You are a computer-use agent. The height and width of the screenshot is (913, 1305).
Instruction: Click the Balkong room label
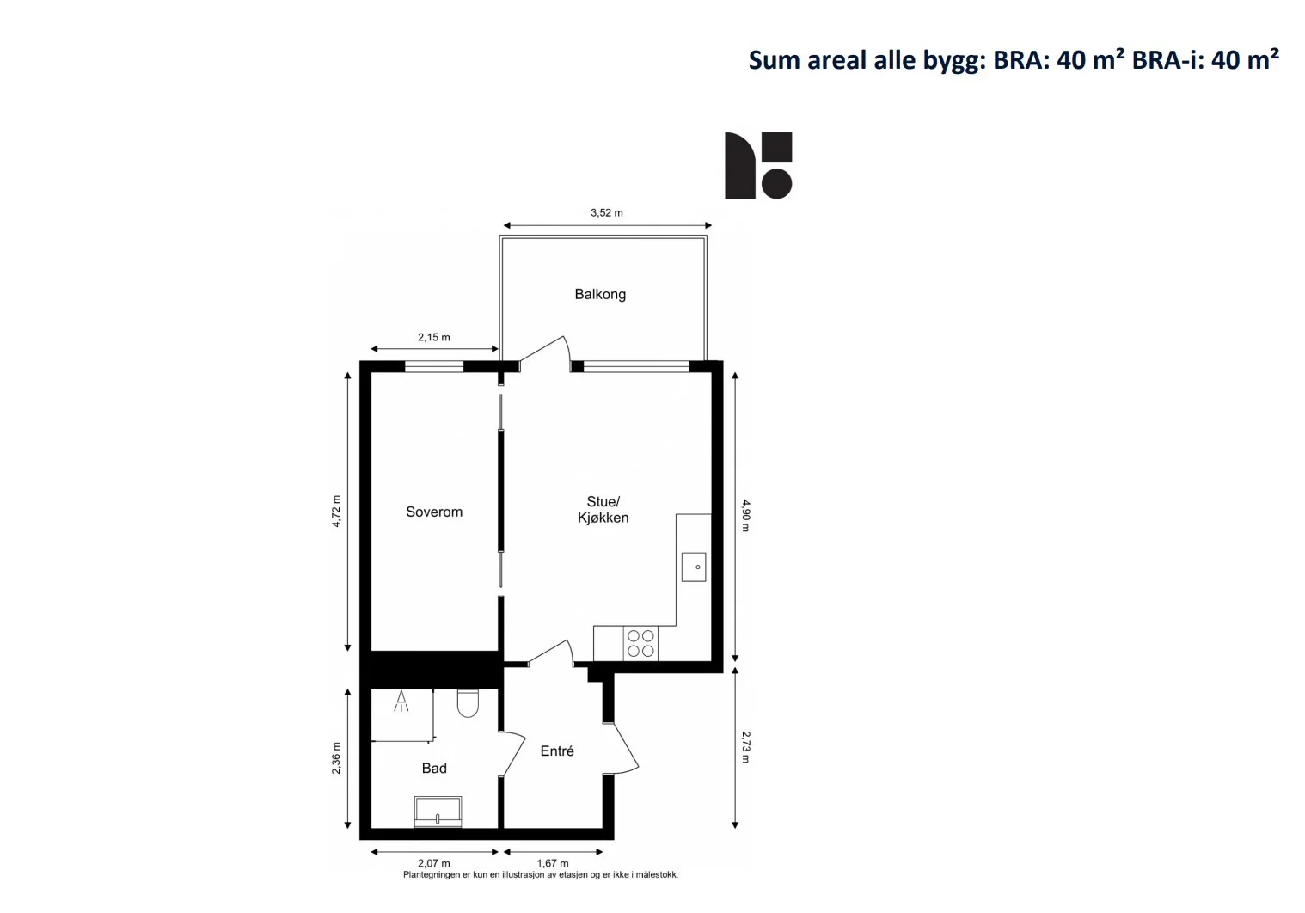click(600, 294)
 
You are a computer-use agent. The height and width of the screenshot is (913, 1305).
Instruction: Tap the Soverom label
click(434, 512)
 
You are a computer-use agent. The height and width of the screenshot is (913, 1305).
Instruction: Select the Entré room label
click(557, 751)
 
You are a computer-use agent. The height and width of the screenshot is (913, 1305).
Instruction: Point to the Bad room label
click(434, 768)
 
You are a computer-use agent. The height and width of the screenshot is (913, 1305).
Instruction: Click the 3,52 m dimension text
click(606, 212)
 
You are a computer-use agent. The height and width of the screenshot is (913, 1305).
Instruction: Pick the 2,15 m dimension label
click(434, 337)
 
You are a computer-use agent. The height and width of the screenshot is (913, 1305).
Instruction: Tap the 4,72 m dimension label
click(336, 512)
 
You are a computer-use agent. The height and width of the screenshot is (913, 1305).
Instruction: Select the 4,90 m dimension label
click(746, 516)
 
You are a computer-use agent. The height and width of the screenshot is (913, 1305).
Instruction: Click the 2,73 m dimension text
click(746, 748)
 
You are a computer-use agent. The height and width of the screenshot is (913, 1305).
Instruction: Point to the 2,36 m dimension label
click(336, 758)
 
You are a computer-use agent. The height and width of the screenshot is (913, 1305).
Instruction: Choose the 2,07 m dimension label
click(434, 863)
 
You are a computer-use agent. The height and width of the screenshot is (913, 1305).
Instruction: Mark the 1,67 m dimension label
click(552, 863)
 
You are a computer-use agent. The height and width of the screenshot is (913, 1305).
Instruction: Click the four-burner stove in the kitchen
click(640, 643)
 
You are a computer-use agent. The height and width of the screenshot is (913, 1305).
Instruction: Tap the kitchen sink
click(694, 567)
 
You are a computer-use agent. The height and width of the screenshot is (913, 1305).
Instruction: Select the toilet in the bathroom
click(468, 703)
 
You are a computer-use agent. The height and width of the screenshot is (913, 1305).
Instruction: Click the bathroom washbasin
click(438, 812)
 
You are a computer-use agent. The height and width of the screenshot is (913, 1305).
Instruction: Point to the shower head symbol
click(401, 701)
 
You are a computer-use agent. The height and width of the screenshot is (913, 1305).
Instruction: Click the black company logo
click(758, 165)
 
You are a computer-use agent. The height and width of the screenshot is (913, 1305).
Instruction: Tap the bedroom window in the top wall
click(434, 366)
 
